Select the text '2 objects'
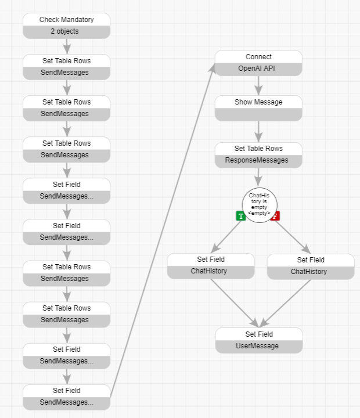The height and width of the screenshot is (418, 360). [x=66, y=31]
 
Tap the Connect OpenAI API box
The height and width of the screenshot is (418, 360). [x=258, y=63]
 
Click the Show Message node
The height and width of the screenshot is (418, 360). [x=258, y=108]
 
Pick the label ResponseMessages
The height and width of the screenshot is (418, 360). [x=258, y=160]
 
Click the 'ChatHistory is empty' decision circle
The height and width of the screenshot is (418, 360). [x=260, y=204]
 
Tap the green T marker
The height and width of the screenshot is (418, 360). [x=241, y=216]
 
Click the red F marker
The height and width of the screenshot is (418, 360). [x=275, y=216]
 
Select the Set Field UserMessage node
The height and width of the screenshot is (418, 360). [x=259, y=340]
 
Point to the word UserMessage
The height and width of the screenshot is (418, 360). [x=259, y=346]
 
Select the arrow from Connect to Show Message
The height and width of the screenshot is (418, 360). [x=258, y=85]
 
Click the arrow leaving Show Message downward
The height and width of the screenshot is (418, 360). [x=258, y=132]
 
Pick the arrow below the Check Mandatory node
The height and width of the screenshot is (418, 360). [x=67, y=46]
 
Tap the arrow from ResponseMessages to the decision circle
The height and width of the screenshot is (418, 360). [x=258, y=178]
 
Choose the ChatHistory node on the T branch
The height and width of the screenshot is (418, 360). [x=211, y=266]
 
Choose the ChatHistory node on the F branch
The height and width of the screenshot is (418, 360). [x=311, y=266]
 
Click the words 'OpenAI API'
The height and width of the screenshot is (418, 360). [x=258, y=69]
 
